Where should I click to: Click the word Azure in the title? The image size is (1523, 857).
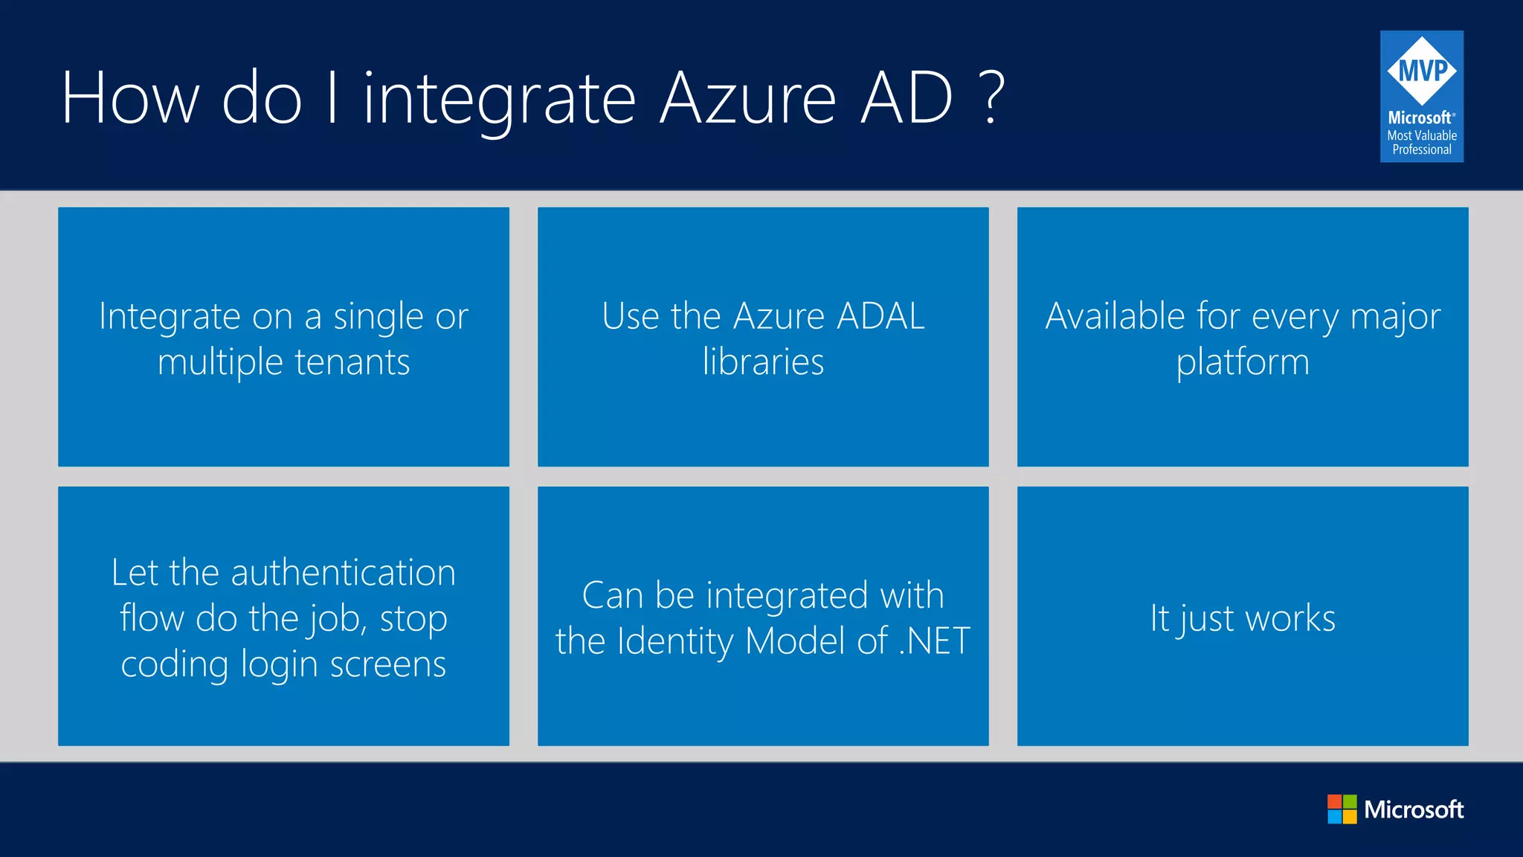point(748,98)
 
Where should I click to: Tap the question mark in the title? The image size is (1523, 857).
point(992,98)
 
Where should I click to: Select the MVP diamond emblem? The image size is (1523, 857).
point(1422,71)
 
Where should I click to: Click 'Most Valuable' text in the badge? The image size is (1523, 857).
point(1422,135)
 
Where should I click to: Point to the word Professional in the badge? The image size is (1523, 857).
point(1422,150)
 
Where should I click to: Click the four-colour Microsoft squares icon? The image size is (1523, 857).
point(1342,809)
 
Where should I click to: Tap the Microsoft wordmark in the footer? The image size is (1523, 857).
point(1414,809)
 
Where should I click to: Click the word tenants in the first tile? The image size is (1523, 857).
point(352,362)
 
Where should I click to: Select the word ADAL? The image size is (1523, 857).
point(880,316)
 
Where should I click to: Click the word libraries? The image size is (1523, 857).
point(763,362)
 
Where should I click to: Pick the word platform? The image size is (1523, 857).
point(1243,362)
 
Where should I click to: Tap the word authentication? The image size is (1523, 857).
point(343,573)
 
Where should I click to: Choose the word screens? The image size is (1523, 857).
point(387,664)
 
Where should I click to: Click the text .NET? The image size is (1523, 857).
point(934,641)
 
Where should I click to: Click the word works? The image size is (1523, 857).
point(1290,618)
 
